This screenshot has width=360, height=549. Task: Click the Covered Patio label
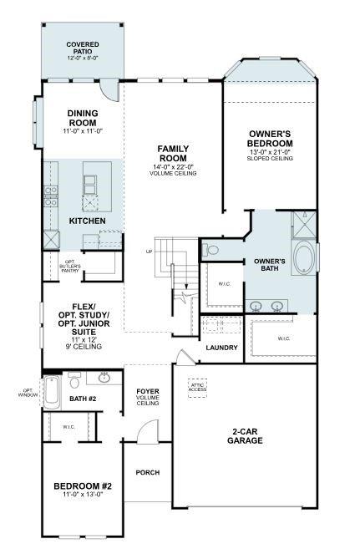[x=82, y=48]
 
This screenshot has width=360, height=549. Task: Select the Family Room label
[x=173, y=153]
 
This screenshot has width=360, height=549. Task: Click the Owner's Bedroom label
[x=270, y=139]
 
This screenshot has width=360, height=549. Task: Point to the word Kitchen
[x=87, y=221]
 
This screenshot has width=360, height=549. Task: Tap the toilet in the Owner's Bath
[x=212, y=250]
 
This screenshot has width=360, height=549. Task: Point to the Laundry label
[x=221, y=348]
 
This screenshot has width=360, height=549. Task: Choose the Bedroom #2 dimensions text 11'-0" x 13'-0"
[x=83, y=495]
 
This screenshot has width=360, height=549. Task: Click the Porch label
[x=148, y=473]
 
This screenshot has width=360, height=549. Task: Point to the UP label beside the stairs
[x=150, y=251]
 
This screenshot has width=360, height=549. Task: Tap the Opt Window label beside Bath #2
[x=28, y=393]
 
